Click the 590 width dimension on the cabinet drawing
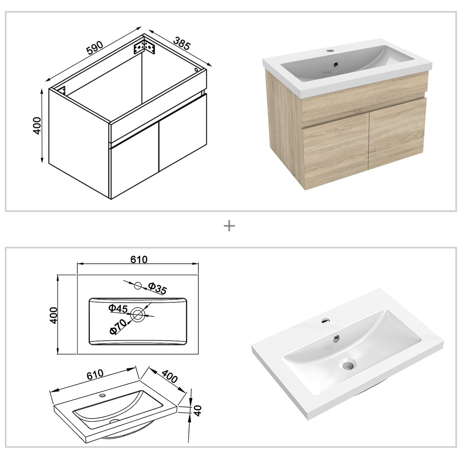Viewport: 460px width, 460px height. click(94, 47)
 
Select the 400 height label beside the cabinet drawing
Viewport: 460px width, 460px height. click(37, 125)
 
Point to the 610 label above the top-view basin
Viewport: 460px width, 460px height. click(139, 259)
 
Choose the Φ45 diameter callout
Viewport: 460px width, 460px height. click(118, 308)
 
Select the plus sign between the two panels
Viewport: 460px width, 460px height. click(229, 226)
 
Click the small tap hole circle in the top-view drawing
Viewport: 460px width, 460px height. click(138, 286)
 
